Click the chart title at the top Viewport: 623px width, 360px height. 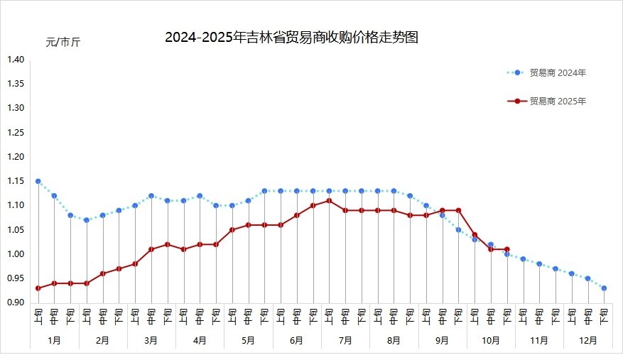coord(291,38)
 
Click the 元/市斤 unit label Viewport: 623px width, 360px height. coord(63,43)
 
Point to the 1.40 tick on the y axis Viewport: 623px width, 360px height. coord(16,60)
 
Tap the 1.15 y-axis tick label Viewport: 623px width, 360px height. coord(16,181)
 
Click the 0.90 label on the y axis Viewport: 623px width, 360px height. coord(16,302)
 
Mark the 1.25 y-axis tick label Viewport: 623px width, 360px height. coord(16,133)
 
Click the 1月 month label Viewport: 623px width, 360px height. coord(54,341)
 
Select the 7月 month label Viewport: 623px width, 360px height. coord(345,341)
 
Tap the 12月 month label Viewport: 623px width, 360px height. coord(587,341)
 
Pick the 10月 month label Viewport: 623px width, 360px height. coord(491,341)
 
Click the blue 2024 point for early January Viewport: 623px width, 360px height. coord(38,181)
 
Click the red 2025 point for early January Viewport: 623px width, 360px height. coord(38,288)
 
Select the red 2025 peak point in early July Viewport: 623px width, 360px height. coord(329,200)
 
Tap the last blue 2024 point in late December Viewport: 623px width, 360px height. coord(604,288)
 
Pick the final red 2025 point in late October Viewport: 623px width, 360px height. coord(506,249)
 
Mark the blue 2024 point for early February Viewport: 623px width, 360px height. coord(87,220)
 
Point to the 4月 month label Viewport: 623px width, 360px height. coord(200,341)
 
